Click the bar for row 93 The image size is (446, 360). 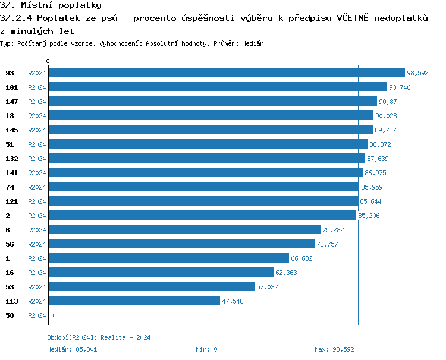tap(226, 73)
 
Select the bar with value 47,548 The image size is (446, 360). tap(134, 301)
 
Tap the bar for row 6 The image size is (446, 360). tap(184, 230)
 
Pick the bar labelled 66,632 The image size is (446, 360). tap(168, 258)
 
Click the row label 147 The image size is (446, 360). tap(12, 102)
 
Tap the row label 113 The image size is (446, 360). tap(12, 301)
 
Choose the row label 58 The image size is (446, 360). tap(10, 315)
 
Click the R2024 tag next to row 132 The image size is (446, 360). tap(37, 159)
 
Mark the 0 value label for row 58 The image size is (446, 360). tap(52, 315)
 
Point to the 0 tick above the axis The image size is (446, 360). tap(48, 61)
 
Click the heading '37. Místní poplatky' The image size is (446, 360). tap(51, 5)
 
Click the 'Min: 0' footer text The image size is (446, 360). tap(206, 349)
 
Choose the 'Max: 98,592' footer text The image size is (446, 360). tap(334, 349)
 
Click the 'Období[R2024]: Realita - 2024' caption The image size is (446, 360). tap(99, 337)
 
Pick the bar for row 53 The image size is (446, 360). tap(151, 287)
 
